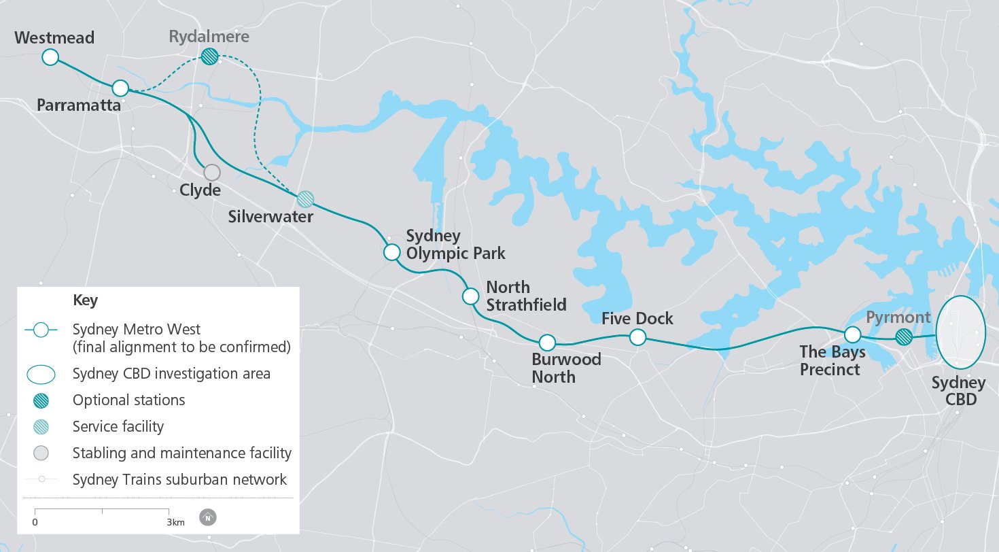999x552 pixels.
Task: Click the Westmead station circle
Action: tap(50, 57)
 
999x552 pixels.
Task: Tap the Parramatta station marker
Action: tap(120, 88)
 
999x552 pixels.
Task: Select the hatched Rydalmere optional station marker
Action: tap(210, 56)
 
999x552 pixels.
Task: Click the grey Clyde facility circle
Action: tap(212, 173)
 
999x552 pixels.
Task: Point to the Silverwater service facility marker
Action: tap(306, 199)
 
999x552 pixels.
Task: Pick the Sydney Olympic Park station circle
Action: tap(391, 253)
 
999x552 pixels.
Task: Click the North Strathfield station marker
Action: tap(470, 296)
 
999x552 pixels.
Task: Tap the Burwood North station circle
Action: tap(547, 342)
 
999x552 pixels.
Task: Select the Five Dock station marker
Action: tap(637, 337)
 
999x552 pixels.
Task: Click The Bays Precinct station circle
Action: tap(852, 334)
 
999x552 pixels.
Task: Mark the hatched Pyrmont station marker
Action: tap(903, 337)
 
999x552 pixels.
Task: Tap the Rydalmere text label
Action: tap(209, 36)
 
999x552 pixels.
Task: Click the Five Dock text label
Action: tap(637, 318)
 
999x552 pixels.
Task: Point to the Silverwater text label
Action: tap(270, 218)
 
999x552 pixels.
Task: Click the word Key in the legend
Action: tap(85, 300)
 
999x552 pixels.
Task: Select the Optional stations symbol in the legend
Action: tap(41, 400)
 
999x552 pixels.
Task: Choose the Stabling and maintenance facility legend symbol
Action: tap(41, 453)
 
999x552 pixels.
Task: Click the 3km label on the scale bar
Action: tap(175, 522)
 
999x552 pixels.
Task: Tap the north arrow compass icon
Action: tap(207, 517)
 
